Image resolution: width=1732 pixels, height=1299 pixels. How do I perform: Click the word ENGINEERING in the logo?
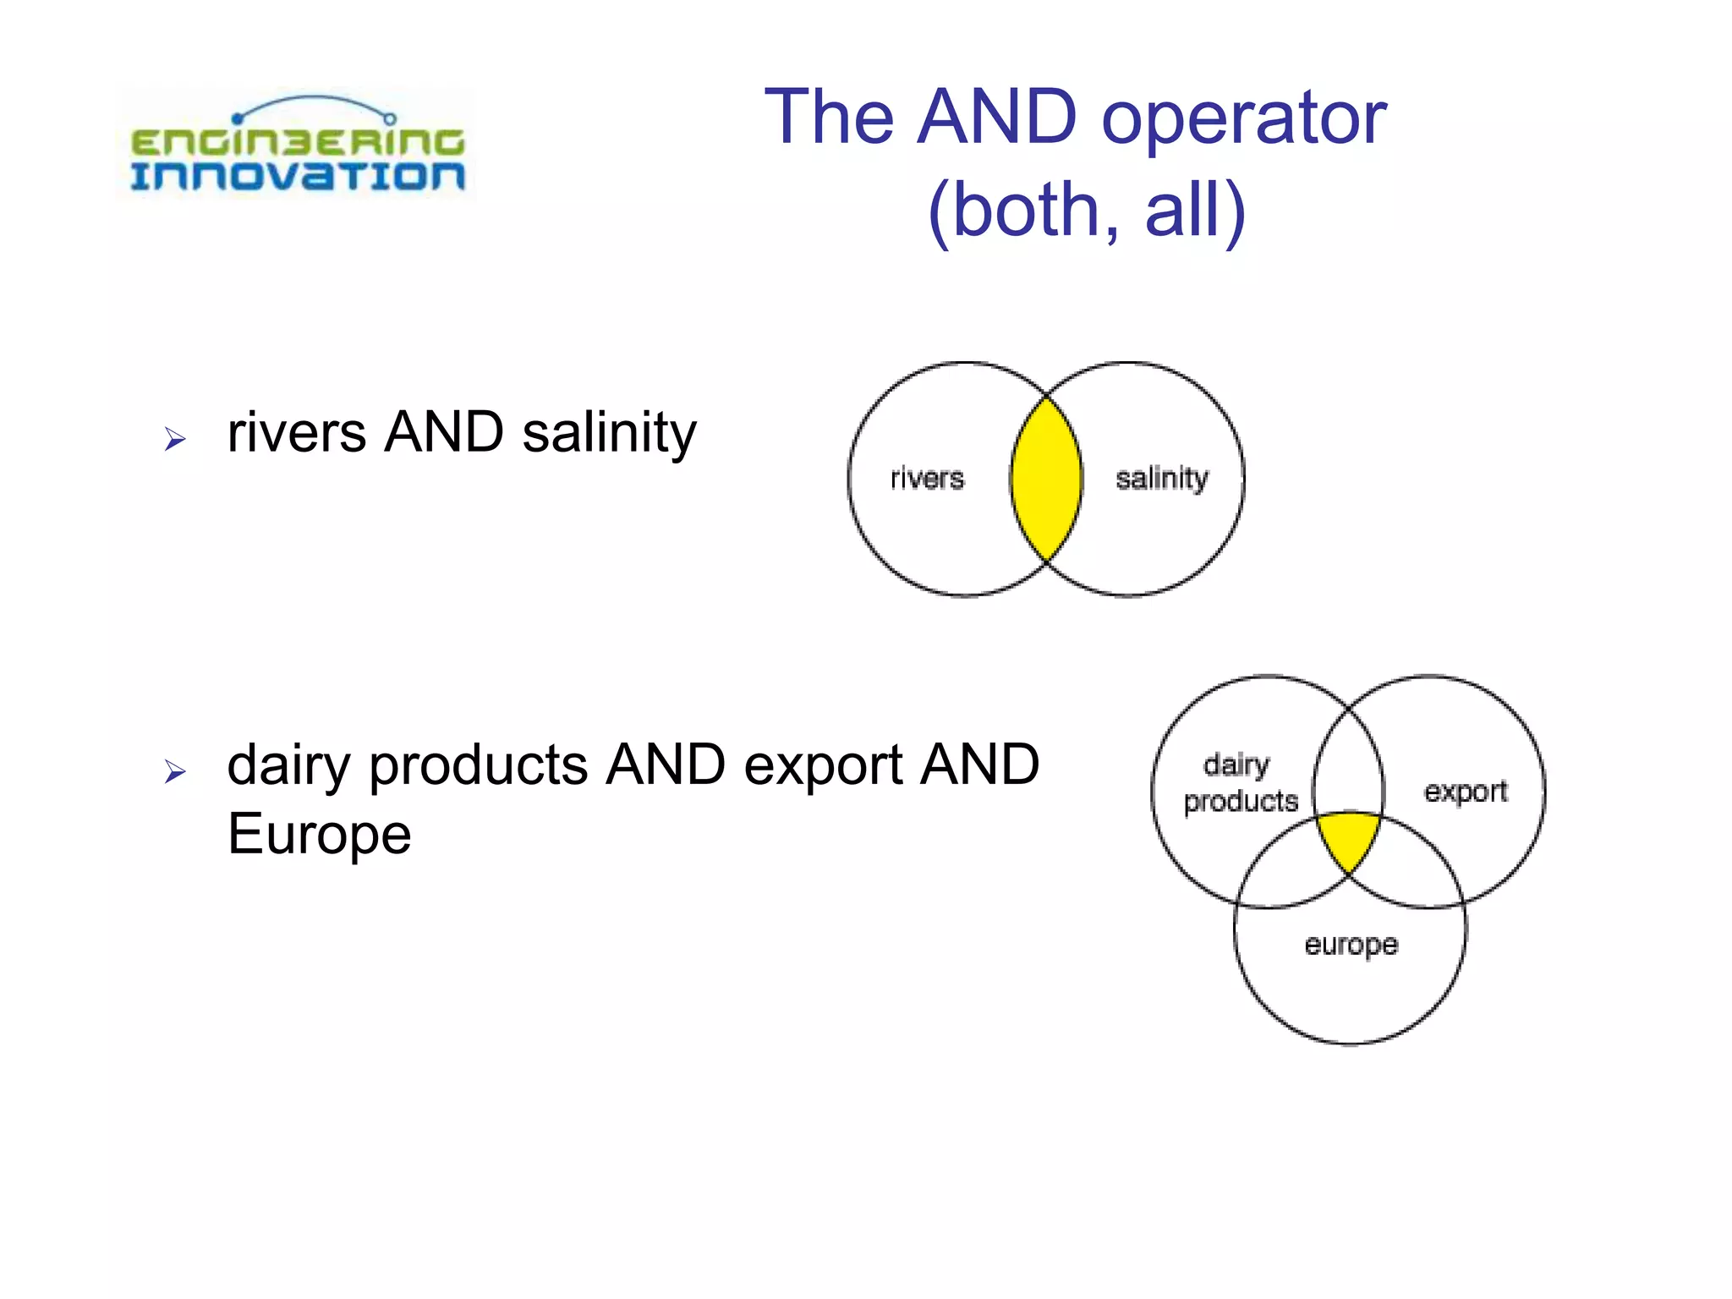click(298, 141)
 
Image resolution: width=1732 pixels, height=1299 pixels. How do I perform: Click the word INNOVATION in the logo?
click(298, 177)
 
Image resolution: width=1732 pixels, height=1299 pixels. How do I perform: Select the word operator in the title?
click(1244, 118)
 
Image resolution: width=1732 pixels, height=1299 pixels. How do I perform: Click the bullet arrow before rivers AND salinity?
click(175, 439)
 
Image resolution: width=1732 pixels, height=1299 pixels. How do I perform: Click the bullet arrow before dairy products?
click(175, 771)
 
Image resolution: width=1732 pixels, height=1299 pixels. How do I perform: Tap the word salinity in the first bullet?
click(609, 433)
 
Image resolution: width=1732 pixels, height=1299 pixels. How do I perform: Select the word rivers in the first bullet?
click(296, 433)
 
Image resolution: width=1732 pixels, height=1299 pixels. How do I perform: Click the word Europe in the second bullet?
click(320, 834)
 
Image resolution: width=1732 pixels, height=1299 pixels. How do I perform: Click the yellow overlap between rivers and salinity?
click(1046, 480)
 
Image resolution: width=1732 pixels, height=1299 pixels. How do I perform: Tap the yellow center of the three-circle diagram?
click(1349, 837)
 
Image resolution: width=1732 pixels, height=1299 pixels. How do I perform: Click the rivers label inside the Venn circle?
click(927, 479)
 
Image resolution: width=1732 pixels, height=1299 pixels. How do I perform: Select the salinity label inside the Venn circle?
click(1162, 480)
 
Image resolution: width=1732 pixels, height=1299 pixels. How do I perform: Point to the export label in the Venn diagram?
click(1466, 792)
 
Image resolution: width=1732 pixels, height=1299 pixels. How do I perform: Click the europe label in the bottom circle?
click(1351, 945)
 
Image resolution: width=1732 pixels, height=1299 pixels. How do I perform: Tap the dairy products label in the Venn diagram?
click(1240, 783)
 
